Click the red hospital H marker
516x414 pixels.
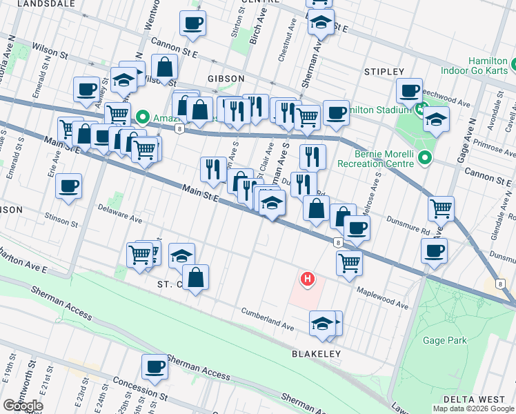[307, 279]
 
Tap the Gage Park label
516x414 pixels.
[446, 340]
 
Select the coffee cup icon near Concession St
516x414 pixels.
[155, 366]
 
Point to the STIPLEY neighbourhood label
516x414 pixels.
[384, 72]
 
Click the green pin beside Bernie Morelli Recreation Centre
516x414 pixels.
[426, 158]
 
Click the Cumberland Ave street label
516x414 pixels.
[268, 318]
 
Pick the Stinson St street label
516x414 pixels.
[58, 220]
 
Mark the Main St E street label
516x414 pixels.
[200, 193]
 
